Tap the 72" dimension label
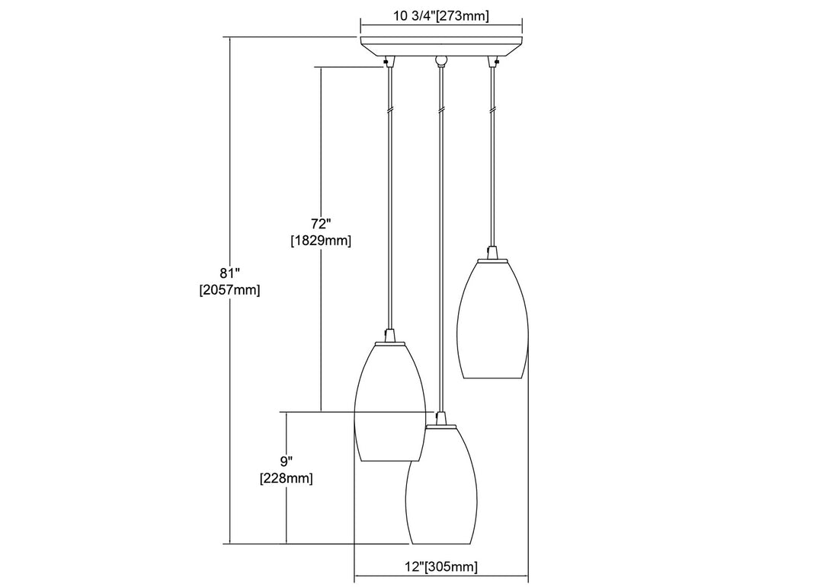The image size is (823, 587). [x=321, y=225]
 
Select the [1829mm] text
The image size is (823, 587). [x=321, y=241]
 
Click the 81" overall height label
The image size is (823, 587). [x=229, y=274]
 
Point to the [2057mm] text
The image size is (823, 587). [x=229, y=290]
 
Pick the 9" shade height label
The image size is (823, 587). [x=286, y=461]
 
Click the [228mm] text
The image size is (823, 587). [x=286, y=478]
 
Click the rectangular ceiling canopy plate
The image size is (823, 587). [x=441, y=46]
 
